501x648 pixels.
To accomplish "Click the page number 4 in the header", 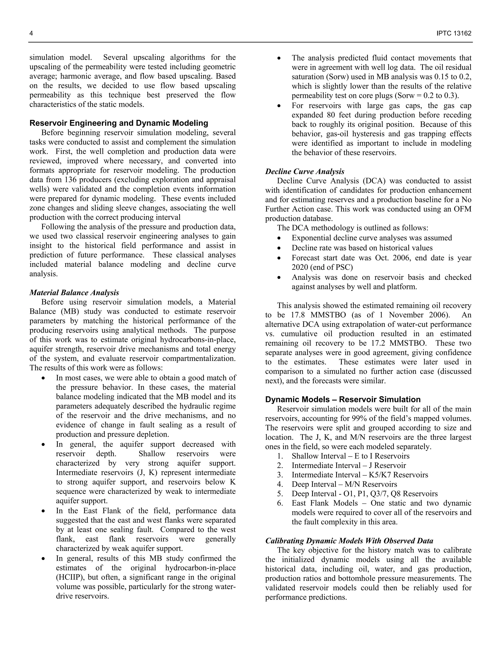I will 31,33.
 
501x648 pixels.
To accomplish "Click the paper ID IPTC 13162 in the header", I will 454,33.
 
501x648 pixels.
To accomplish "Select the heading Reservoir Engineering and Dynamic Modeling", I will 119,123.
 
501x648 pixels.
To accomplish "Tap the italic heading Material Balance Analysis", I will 74,292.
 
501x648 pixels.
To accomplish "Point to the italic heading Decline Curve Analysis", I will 305,171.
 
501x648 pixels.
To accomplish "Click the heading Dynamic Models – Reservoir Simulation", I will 343,399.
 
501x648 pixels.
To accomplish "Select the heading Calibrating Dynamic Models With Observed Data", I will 349,541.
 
